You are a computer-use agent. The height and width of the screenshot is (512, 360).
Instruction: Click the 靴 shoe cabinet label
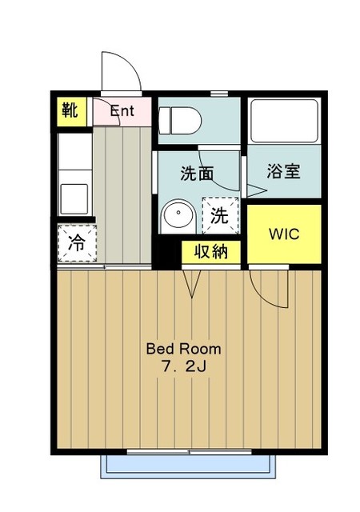[70, 110]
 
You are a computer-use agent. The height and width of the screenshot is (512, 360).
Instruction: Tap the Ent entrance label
[122, 111]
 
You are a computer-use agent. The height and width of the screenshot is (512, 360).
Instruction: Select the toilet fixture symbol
[179, 121]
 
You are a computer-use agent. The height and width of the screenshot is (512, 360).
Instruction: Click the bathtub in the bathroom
[284, 121]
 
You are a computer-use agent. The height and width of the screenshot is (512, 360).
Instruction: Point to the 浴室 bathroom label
[283, 170]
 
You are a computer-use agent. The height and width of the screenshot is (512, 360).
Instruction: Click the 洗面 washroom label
[197, 174]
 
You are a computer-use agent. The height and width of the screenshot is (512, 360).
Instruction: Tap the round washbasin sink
[178, 213]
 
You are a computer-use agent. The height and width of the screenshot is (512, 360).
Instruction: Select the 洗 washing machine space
[220, 215]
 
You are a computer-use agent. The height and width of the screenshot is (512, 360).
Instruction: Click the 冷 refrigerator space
[78, 243]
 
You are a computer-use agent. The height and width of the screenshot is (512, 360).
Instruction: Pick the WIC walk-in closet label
[284, 234]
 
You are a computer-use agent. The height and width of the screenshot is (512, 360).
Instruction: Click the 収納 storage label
[211, 252]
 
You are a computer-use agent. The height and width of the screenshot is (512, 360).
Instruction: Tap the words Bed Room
[183, 349]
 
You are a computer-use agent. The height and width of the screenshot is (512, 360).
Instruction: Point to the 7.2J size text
[184, 367]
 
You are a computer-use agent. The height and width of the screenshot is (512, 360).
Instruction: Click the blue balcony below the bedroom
[188, 466]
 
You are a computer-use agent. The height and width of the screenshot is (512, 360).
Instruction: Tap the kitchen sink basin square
[74, 199]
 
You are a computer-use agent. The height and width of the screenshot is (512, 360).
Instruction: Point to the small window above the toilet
[219, 94]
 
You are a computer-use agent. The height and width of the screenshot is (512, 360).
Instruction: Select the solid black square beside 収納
[166, 252]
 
